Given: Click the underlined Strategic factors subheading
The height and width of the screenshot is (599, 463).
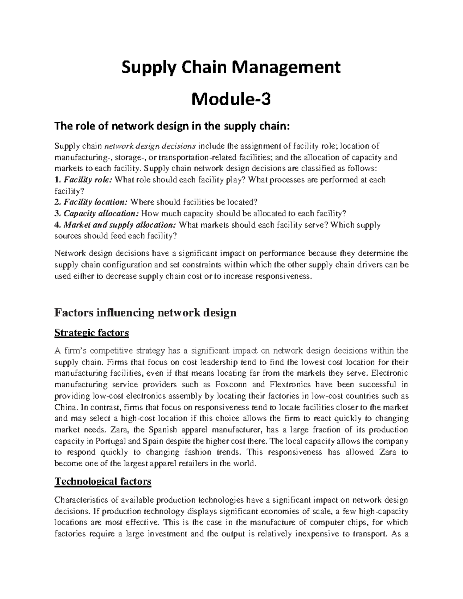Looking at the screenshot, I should [x=92, y=332].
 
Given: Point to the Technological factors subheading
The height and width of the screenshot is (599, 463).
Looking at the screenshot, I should [x=103, y=481].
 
